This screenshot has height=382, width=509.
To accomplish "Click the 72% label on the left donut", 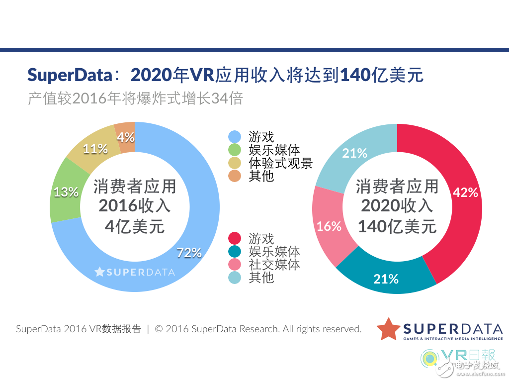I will pos(189,253).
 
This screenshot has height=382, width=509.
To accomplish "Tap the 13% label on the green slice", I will pos(66,192).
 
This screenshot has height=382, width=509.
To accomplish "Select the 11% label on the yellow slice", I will pos(95,148).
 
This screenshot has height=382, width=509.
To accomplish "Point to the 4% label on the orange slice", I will pos(126,137).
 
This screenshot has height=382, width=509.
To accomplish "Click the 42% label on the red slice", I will pos(466,192).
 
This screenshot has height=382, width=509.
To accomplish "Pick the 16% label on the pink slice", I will pos(329,226).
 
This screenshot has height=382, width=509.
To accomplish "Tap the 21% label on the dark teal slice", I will pos(386,279).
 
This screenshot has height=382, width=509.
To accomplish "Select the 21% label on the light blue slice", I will pos(354,153).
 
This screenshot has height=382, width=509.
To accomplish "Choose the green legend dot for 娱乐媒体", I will pos(235,150).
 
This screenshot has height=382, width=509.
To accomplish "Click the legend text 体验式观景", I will pos(280,163).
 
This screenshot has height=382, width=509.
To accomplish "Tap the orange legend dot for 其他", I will pos(235,176).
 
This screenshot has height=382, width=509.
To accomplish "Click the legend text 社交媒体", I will pos(274,264).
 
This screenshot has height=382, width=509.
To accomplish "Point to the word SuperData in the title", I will pos(70,75).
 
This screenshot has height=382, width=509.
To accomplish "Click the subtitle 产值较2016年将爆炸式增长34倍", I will pos(135,98).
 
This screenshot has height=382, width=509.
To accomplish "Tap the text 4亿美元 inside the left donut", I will pos(135,226).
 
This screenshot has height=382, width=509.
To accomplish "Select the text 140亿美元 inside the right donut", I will pos(397,226).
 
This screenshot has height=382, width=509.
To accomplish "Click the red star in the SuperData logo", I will pos(389,329).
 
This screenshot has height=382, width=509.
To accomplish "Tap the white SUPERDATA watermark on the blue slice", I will pos(135,272).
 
